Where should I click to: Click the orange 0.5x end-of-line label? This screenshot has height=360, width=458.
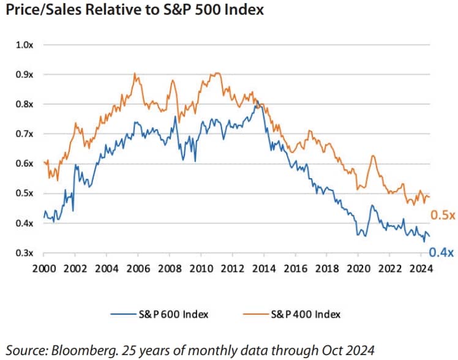pyautogui.click(x=441, y=215)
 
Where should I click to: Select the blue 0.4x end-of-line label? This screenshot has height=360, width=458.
pyautogui.click(x=441, y=252)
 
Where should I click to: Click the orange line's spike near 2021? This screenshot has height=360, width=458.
pyautogui.click(x=372, y=157)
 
